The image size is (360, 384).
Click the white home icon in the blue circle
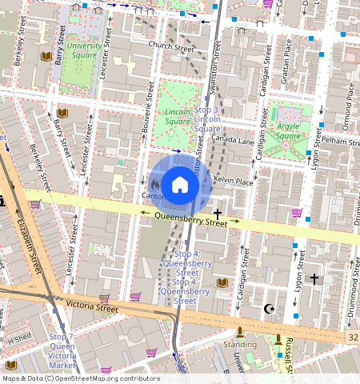(180, 185)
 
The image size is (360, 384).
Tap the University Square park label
(83, 51)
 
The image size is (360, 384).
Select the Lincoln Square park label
(178, 118)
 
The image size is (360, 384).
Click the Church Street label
(171, 47)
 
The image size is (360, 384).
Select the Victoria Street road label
(92, 306)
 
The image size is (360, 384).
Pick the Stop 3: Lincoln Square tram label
(207, 118)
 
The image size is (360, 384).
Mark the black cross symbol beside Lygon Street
(314, 278)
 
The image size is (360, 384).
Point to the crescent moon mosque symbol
(268, 308)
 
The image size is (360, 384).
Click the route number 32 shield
(353, 338)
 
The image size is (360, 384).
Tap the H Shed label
(17, 340)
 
